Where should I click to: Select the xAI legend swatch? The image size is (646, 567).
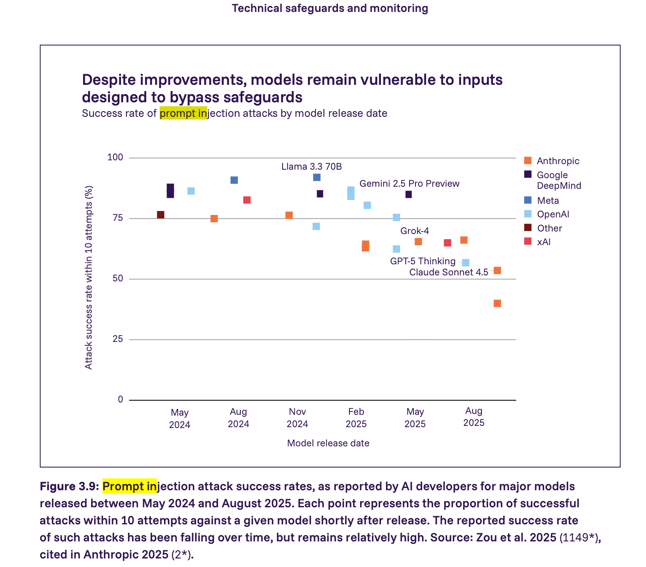point(528,241)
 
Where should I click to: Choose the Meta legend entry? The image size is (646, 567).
point(548,200)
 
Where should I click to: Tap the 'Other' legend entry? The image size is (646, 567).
point(549,228)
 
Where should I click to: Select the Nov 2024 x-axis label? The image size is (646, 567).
point(297,418)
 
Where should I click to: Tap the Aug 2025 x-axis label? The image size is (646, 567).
point(473,417)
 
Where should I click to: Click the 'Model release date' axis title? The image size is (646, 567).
point(328,443)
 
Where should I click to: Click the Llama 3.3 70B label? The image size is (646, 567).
point(311,166)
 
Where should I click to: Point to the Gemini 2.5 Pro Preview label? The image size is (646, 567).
point(409,184)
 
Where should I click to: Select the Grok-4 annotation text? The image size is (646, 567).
point(414,231)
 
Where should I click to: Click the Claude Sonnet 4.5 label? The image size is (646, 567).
point(448,272)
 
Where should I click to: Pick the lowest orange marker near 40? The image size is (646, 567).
point(497,304)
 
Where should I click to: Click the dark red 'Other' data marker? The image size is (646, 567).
point(161,214)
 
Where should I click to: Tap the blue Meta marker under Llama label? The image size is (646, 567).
point(317,177)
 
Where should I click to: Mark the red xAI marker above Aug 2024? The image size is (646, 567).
point(247,200)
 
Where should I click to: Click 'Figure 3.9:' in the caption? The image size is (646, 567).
point(69,486)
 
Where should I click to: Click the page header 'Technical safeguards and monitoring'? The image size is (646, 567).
point(330,8)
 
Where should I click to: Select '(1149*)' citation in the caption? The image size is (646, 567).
point(579,538)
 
